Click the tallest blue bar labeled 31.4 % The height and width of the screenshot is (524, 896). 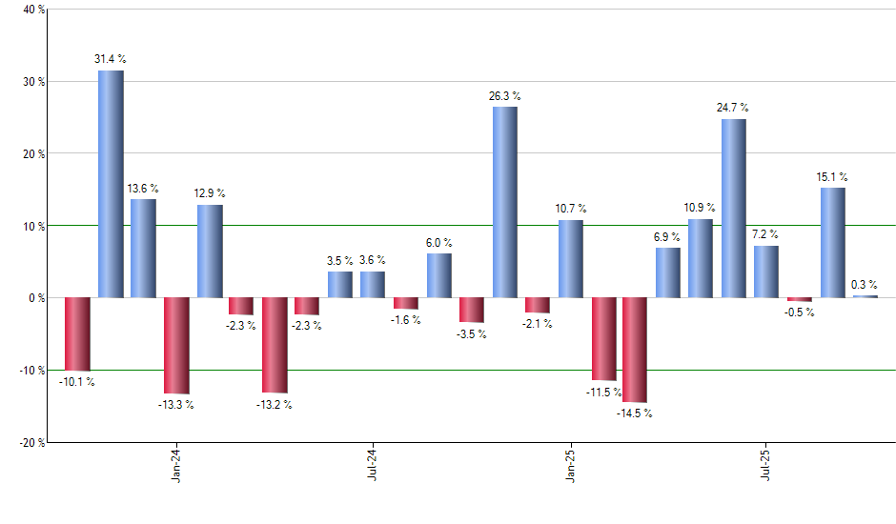[111, 184]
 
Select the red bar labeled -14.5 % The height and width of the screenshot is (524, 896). [635, 350]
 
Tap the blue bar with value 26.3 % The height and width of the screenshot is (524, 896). [505, 202]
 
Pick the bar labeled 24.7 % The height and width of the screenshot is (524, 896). [734, 208]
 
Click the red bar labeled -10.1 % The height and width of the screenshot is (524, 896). [77, 333]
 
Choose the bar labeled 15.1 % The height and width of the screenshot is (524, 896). [833, 243]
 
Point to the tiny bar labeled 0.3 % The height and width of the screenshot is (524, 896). [865, 296]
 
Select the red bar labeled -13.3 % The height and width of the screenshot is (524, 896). [176, 345]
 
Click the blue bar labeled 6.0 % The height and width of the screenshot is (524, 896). [439, 275]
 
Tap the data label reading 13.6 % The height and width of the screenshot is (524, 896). [143, 189]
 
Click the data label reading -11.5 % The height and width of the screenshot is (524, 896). [604, 392]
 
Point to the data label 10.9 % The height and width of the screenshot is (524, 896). [701, 208]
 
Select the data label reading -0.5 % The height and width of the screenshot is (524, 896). [799, 312]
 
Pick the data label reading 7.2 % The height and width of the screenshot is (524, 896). [765, 234]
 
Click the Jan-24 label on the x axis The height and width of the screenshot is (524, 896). [176, 465]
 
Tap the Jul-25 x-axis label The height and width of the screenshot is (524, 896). [766, 465]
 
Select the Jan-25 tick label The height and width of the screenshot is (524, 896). [571, 465]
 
